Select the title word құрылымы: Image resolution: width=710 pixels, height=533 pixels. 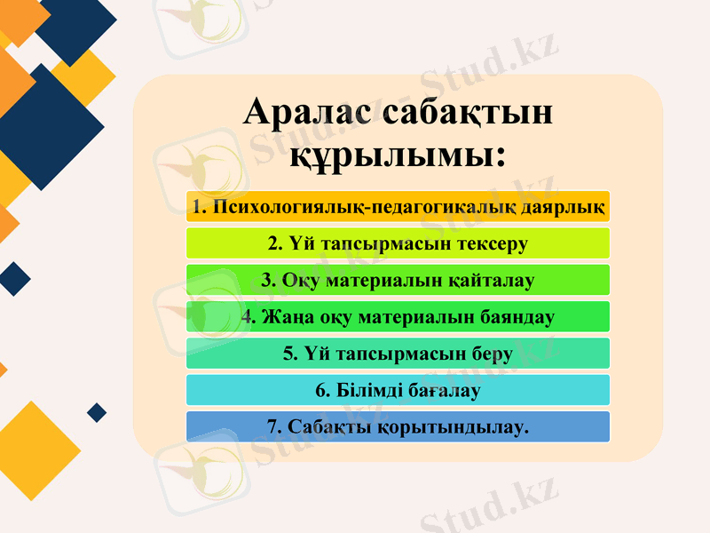click(398, 155)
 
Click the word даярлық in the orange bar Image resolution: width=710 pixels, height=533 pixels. click(564, 207)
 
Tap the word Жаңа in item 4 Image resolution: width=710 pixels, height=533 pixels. click(282, 317)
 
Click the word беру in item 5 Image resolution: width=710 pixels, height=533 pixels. click(492, 354)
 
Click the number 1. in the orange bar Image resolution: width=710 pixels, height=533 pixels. click(198, 207)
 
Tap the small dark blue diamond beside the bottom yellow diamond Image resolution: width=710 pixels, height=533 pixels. click(98, 412)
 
